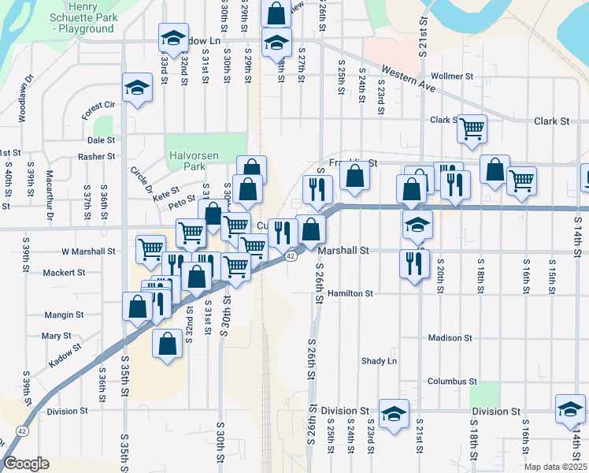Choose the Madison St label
450,338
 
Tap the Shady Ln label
379,361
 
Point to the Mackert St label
65,273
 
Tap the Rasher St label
97,157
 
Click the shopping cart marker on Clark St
472,128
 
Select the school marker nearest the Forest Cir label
137,88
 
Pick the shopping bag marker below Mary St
167,345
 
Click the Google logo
26,464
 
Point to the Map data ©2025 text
555,467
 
